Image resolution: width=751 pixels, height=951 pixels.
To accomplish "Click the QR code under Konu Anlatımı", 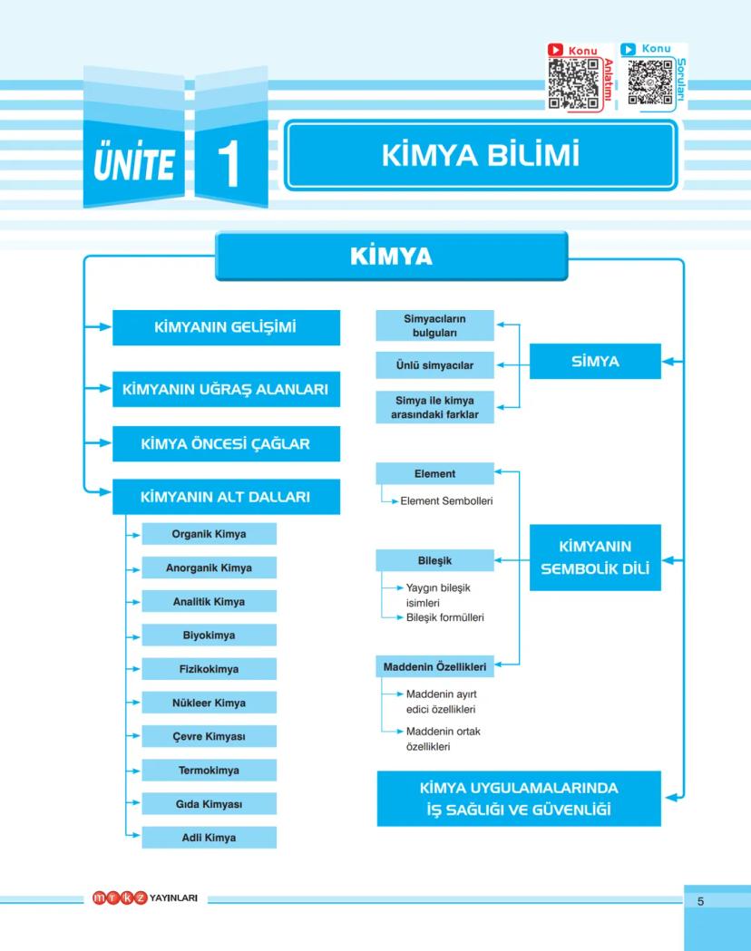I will pos(573,83).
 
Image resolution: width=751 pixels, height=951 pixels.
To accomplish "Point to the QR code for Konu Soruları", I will pos(648,83).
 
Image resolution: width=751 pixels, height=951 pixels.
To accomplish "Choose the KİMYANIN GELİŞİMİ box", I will pos(226,327).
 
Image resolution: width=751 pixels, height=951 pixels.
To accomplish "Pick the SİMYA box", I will pos(595,361).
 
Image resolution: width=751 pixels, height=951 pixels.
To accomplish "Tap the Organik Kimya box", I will pos(209,534).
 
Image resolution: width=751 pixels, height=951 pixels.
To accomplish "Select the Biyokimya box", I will pos(209,636).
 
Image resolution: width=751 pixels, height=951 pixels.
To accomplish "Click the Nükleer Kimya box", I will pos(209,702).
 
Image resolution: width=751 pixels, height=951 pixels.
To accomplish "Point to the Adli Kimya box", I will pos(209,837).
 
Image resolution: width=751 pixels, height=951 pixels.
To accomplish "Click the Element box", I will pos(434,473).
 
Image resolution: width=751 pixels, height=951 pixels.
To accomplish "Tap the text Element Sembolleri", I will pos(446,500).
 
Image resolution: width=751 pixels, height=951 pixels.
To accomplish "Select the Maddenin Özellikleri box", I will pos(434,667).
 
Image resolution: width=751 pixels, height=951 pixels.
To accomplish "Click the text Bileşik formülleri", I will pos(445,617).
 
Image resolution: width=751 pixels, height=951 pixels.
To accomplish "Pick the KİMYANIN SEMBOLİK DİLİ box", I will pos(595,558).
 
